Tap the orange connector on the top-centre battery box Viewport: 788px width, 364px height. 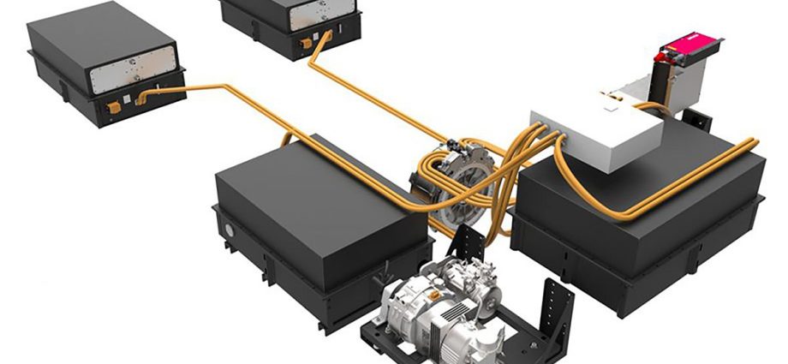[x=304, y=41]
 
